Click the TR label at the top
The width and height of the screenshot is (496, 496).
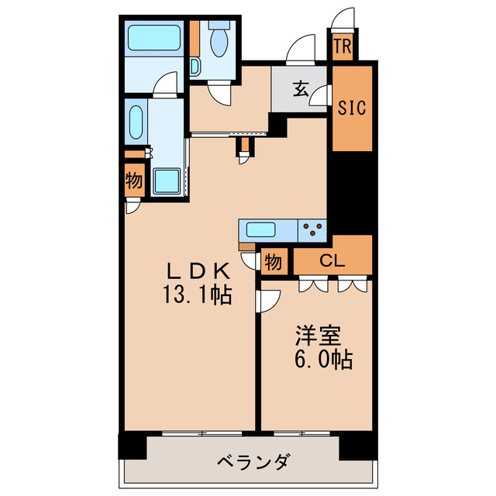click(343, 46)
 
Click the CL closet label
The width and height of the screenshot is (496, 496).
click(332, 261)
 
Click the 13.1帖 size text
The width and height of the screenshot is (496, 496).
click(198, 294)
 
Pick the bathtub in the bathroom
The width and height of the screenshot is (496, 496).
click(152, 36)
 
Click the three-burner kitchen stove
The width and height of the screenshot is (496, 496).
click(313, 229)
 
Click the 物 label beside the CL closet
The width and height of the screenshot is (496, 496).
click(273, 261)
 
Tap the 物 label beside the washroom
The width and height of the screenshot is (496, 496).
click(133, 182)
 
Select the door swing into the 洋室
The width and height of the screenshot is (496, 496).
click(269, 300)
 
